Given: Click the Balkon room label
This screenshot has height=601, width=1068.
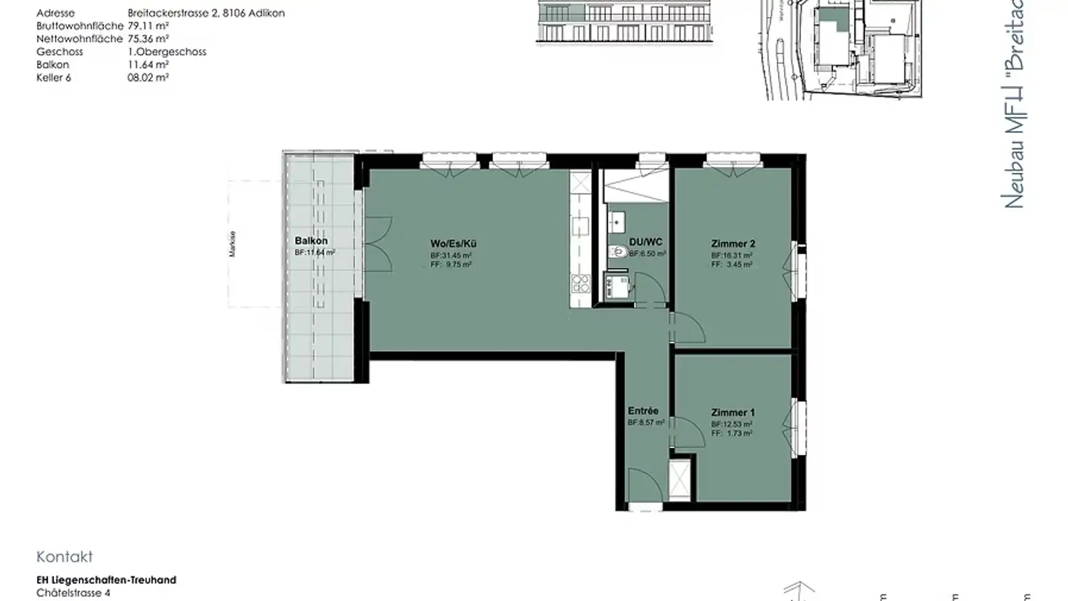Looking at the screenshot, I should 311,241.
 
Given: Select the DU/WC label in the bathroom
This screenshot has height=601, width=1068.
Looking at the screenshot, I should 645,243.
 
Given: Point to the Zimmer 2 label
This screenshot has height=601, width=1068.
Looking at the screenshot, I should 733,243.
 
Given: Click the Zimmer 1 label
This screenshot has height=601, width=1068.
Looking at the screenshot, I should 733,413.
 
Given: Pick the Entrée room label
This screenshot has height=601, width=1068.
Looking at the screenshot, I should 643,410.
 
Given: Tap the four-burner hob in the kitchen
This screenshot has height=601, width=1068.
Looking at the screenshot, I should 578,283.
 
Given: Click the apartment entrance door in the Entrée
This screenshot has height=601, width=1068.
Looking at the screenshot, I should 643,486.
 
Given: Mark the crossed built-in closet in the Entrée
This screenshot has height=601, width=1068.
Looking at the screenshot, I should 679,480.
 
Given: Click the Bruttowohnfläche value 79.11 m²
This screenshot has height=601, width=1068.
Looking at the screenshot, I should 148,26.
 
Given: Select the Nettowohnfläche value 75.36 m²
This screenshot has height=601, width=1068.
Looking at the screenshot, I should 148,39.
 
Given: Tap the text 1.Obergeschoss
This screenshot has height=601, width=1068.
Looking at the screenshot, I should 167,52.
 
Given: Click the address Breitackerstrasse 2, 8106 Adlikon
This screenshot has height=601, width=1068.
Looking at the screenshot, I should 206,13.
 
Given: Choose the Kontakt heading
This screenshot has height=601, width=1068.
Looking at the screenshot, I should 65,557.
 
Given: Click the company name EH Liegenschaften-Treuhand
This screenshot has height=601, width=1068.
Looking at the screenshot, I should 106,580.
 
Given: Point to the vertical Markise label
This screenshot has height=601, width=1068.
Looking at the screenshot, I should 233,245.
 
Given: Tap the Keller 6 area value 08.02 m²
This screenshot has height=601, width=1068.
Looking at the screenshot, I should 148,76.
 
